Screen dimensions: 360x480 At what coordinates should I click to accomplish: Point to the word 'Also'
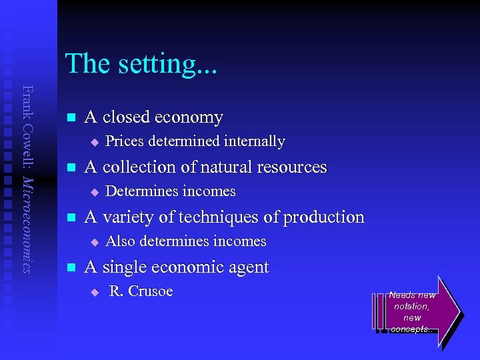[119, 241]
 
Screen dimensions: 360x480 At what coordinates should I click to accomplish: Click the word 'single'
[125, 267]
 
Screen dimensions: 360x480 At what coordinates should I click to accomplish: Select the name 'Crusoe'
[151, 291]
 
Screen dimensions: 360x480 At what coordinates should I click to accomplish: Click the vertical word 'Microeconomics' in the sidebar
[27, 225]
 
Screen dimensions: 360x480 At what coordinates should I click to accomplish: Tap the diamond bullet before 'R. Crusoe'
[95, 292]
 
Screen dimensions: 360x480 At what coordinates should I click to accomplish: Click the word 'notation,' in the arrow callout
[412, 306]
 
